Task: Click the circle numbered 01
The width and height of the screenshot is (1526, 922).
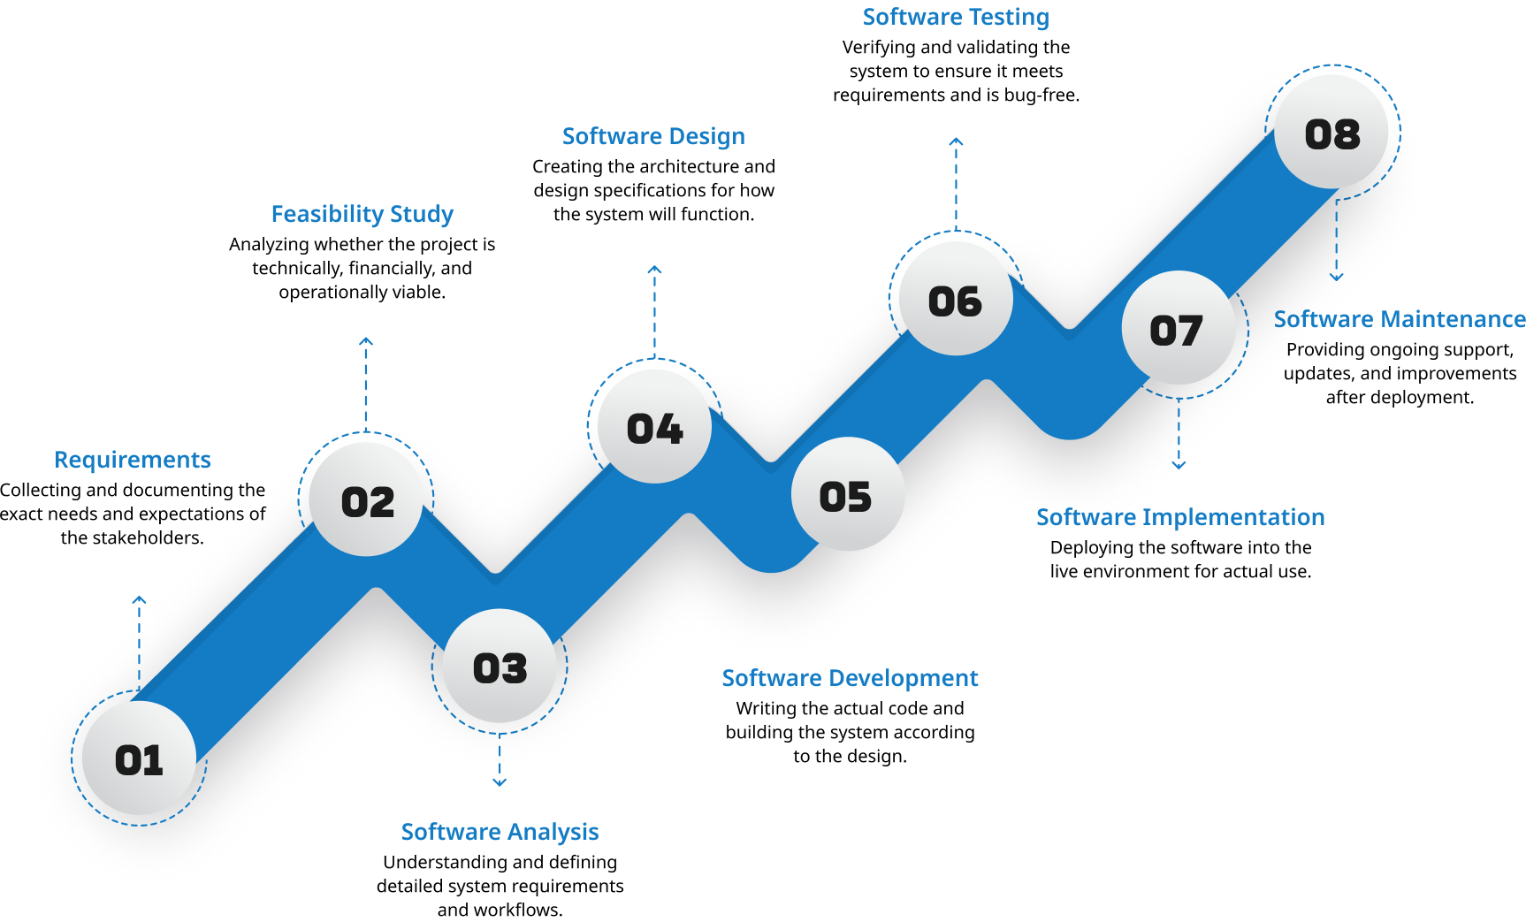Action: pos(139,758)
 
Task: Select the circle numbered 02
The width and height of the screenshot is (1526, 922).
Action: pos(367,500)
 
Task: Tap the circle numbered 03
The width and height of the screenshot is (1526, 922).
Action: pos(500,667)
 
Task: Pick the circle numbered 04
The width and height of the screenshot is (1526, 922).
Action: pos(654,427)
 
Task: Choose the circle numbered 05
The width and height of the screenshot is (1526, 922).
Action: pos(847,495)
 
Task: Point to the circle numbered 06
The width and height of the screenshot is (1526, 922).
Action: pos(956,300)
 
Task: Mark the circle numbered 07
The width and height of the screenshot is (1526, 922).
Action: pos(1178,329)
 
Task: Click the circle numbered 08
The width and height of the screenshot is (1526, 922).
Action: pos(1332,133)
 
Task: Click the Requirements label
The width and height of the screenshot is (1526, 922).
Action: pos(133,460)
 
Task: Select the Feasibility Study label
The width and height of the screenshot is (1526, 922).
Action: pos(362,214)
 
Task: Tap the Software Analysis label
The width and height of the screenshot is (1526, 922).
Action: pos(500,832)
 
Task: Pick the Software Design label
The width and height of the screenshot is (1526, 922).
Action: pos(653,136)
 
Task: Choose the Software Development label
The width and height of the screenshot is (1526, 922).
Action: pos(850,678)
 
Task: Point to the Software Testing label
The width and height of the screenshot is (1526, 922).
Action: pos(956,17)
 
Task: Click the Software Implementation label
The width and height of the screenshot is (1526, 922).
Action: pos(1180,517)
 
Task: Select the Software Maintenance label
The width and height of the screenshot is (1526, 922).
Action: pos(1399,319)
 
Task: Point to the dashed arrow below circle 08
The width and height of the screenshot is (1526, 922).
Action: pos(1337,239)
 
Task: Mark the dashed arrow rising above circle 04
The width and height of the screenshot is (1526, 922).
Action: pos(654,309)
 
